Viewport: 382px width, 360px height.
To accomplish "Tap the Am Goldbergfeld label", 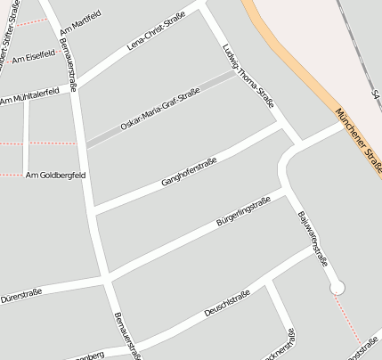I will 55,175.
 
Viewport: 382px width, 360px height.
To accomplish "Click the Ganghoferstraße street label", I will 190,170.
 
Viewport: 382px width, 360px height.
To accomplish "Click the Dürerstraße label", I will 21,291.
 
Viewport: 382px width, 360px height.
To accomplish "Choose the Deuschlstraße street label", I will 226,302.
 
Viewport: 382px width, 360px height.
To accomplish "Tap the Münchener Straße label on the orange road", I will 358,140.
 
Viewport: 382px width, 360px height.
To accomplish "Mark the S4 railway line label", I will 377,94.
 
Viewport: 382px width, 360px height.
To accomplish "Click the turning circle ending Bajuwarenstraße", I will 337,287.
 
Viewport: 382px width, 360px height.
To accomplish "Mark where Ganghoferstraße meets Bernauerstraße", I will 93,212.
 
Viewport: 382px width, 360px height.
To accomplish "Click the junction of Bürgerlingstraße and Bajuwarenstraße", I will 285,191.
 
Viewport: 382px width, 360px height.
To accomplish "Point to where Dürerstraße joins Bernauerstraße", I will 107,280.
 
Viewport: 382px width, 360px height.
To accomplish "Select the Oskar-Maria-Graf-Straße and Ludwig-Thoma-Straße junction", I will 239,74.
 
